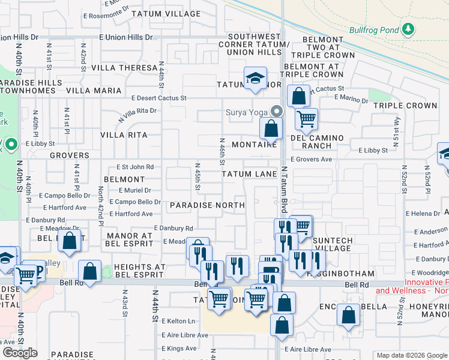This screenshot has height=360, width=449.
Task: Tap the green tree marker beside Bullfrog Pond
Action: [408, 28]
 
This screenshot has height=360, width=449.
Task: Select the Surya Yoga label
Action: [246, 112]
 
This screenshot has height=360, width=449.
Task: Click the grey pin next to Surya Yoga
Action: [277, 111]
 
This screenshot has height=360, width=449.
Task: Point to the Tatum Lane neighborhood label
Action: [249, 174]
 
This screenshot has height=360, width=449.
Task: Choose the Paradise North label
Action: [206, 205]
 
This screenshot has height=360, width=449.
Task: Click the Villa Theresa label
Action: [128, 68]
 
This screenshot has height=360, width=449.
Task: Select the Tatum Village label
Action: [166, 13]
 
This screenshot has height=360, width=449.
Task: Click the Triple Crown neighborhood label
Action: [405, 106]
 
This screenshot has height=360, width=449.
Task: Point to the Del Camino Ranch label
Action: [318, 142]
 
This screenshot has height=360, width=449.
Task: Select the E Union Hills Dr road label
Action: [128, 37]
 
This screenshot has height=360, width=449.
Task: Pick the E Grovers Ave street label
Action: [311, 160]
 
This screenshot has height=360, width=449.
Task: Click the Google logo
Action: [20, 352]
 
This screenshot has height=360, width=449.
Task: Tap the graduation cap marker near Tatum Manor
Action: [255, 79]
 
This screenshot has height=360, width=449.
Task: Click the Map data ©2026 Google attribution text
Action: [411, 355]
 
